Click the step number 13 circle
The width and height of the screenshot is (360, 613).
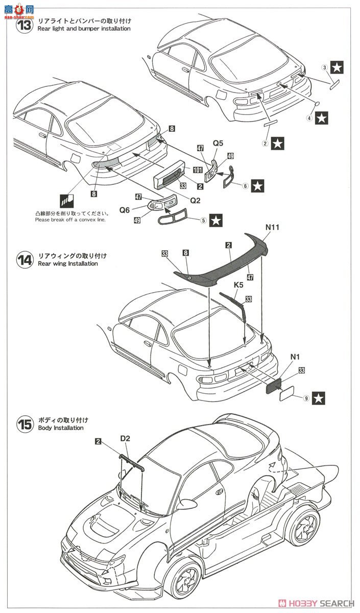click(x=25, y=25)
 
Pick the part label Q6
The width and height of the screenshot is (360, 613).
click(x=125, y=209)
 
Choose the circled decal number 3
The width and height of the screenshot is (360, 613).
click(x=324, y=67)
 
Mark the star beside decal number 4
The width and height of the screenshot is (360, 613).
click(x=321, y=119)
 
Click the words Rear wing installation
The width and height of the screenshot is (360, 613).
click(x=67, y=264)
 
